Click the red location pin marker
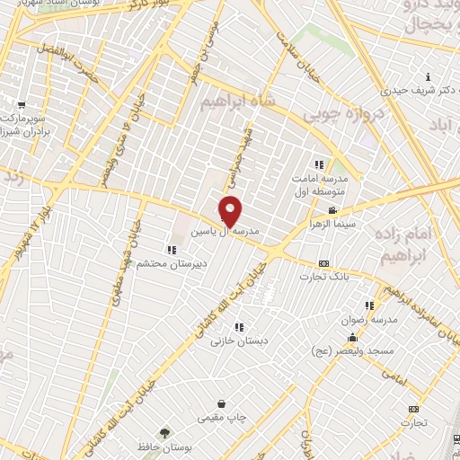click(230, 212)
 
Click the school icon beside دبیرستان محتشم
click(172, 249)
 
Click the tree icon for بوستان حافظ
click(164, 434)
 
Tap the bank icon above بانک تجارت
click(323, 263)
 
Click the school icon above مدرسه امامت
click(318, 164)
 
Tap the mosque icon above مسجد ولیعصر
click(350, 338)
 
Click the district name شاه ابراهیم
click(238, 100)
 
